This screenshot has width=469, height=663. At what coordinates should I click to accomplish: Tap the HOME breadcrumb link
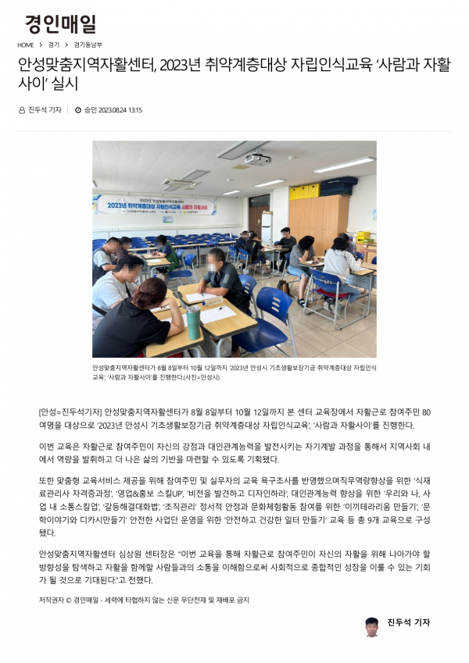pyautogui.click(x=25, y=45)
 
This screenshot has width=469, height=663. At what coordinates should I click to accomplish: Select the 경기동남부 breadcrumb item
pyautogui.click(x=88, y=45)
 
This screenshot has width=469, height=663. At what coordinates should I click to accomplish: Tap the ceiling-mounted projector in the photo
pyautogui.click(x=257, y=159)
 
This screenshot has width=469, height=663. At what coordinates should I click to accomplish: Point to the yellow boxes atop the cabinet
pyautogui.click(x=303, y=191)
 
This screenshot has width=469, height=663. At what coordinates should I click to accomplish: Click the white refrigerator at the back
pyautogui.click(x=267, y=227)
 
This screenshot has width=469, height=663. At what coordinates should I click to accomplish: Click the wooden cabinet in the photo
pyautogui.click(x=319, y=222)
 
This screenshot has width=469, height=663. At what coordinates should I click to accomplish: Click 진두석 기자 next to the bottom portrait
pyautogui.click(x=408, y=622)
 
